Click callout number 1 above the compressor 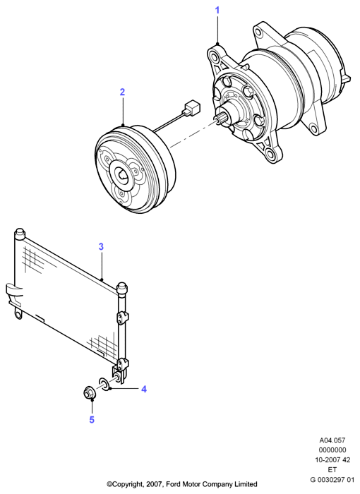pyautogui.click(x=217, y=11)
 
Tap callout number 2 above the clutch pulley pyautogui.click(x=122, y=92)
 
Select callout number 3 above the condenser pyautogui.click(x=101, y=247)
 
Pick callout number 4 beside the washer pyautogui.click(x=144, y=389)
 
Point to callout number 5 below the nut pyautogui.click(x=92, y=420)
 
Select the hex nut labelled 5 pyautogui.click(x=88, y=392)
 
